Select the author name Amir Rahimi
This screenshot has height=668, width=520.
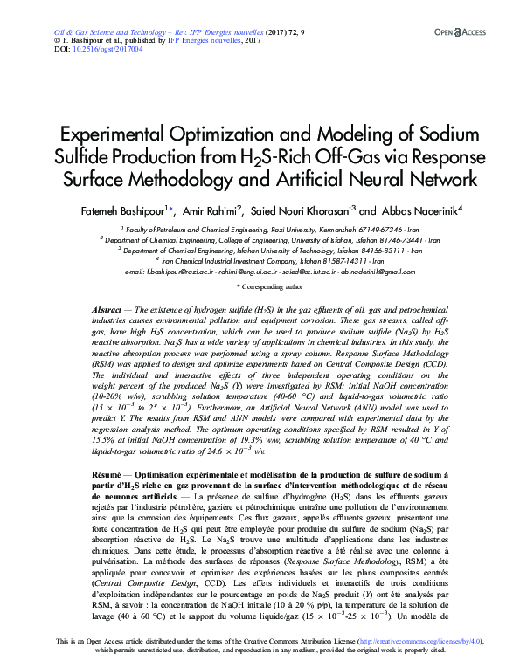click(x=212, y=210)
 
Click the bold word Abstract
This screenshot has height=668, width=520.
click(x=107, y=312)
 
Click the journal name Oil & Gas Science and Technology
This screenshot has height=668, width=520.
click(x=94, y=31)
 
